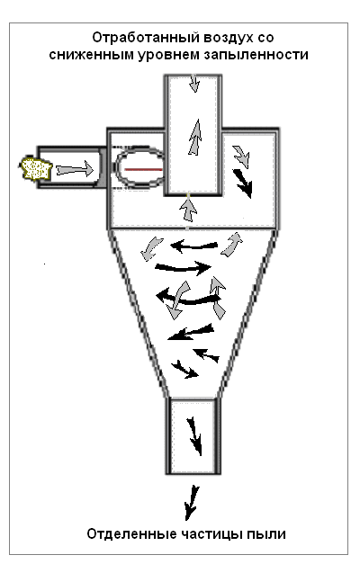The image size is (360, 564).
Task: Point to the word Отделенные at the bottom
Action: coord(131,533)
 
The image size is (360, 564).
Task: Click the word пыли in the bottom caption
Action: coord(266,533)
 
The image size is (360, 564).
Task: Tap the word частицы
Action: coord(211,534)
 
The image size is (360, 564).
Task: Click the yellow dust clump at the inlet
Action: coord(36,168)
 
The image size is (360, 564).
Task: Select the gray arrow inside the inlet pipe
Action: coord(75,169)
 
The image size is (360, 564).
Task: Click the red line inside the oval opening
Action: coord(143,169)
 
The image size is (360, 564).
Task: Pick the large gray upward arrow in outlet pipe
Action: coord(194,137)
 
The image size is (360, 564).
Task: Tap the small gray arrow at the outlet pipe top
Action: coord(194,84)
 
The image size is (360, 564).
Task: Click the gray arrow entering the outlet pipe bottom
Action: coord(188,210)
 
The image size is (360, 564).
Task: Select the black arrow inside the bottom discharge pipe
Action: coord(194,436)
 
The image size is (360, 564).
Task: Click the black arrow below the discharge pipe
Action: coord(192,503)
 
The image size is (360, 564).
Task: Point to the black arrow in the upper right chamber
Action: coord(243,184)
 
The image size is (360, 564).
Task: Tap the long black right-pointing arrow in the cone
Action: coord(183,268)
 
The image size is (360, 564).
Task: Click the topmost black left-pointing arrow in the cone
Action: coord(193,246)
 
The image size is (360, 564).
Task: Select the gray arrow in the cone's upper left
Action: coord(151,248)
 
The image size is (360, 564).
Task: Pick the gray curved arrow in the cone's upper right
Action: coord(232,245)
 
